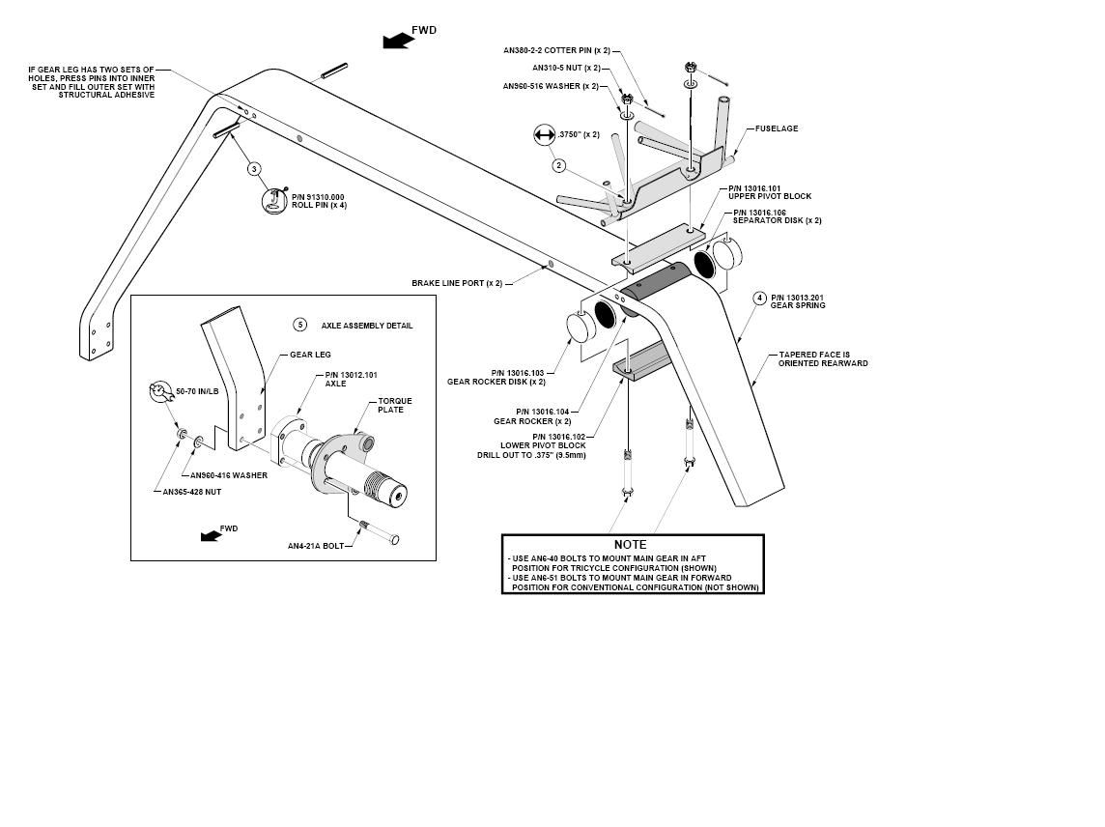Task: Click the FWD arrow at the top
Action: click(x=396, y=41)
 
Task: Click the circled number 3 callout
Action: click(x=254, y=169)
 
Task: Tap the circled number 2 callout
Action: click(x=558, y=165)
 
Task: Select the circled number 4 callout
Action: click(x=759, y=298)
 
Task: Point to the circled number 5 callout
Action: click(x=300, y=325)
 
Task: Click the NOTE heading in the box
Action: click(x=630, y=545)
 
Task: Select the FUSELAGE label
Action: click(x=776, y=128)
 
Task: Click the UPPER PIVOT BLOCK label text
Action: click(x=770, y=196)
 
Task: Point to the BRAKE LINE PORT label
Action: click(x=457, y=283)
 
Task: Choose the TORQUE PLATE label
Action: click(x=395, y=405)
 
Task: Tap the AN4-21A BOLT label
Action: click(x=316, y=546)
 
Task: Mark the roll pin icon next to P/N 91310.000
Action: click(x=275, y=200)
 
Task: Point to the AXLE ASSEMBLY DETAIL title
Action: click(x=367, y=326)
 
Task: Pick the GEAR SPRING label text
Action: click(x=798, y=306)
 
